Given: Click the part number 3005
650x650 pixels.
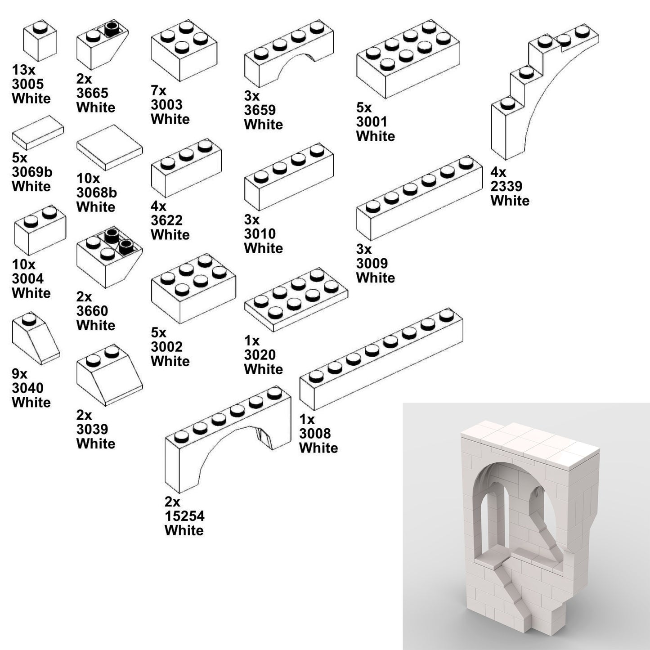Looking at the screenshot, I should (x=28, y=84).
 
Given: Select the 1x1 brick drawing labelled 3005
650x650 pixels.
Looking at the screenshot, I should (x=40, y=41).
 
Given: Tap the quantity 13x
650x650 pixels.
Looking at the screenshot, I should (x=23, y=70).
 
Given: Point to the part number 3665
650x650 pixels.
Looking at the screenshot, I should (x=92, y=93).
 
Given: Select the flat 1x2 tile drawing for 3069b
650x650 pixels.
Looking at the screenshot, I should (x=38, y=132).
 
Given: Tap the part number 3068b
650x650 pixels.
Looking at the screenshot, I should (x=97, y=193).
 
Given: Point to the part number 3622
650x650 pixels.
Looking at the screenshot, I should (x=166, y=220).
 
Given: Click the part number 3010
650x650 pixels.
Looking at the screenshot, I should (x=260, y=234).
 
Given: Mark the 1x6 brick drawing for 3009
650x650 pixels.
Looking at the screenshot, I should (x=419, y=198).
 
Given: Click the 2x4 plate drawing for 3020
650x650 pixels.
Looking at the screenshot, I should (x=296, y=300).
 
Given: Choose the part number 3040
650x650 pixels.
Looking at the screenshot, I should (x=28, y=388).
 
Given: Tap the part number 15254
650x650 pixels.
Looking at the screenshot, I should (x=184, y=516).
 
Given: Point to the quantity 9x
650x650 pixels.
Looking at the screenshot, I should (x=20, y=374).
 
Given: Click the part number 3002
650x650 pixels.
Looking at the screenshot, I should (x=166, y=347).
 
